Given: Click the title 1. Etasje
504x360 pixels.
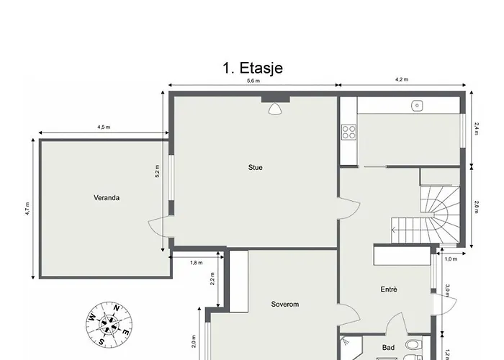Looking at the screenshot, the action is (x=253, y=68).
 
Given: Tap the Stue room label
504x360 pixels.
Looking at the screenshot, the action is (x=255, y=168).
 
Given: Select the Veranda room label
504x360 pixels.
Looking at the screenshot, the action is (x=107, y=198).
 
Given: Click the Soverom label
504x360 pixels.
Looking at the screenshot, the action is (x=285, y=304).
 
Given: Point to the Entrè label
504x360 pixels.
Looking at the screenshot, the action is (x=389, y=289).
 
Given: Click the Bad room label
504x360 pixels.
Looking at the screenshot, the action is (x=388, y=348).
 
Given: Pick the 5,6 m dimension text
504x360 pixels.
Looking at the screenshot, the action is (x=253, y=81).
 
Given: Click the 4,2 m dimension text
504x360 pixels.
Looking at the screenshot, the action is (x=402, y=79).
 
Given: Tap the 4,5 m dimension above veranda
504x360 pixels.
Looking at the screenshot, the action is (x=104, y=127).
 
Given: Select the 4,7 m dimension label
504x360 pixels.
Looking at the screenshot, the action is (x=27, y=209).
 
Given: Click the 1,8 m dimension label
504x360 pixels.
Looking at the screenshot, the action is (x=197, y=263).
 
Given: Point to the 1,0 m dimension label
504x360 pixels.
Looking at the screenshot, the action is (x=451, y=259).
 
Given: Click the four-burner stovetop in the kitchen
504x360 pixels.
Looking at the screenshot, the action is (x=348, y=132).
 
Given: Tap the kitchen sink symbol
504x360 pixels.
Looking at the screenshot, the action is (x=417, y=105).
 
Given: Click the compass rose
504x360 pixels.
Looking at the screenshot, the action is (x=109, y=324).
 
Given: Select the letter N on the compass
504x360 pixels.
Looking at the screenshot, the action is (x=117, y=309).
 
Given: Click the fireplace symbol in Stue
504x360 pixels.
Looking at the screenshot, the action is (x=276, y=109).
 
